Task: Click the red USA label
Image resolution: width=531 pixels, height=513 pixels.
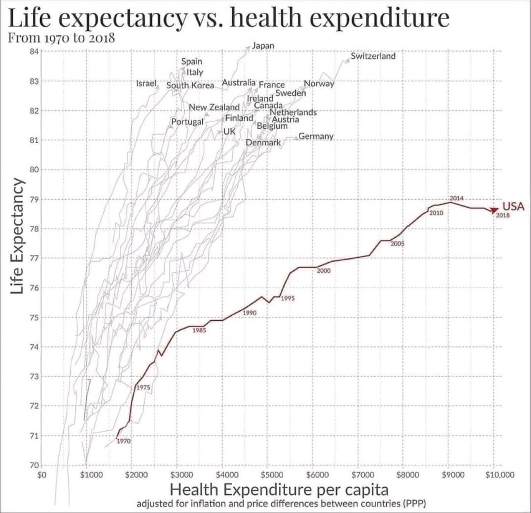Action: click(x=513, y=206)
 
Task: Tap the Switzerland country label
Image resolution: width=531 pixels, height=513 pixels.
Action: click(x=373, y=56)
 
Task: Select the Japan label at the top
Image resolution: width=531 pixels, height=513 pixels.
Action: click(x=263, y=46)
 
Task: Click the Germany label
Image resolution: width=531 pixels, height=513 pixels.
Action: click(x=316, y=136)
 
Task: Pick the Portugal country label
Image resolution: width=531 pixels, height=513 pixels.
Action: click(x=187, y=122)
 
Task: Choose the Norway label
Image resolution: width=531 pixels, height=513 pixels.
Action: click(x=319, y=84)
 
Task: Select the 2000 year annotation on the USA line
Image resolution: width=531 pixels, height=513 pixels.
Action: click(x=323, y=271)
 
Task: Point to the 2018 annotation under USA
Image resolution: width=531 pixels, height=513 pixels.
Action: click(x=503, y=215)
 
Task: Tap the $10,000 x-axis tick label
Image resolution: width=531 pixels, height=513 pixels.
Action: click(x=500, y=475)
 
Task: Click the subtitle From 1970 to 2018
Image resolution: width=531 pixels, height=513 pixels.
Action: click(x=62, y=37)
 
